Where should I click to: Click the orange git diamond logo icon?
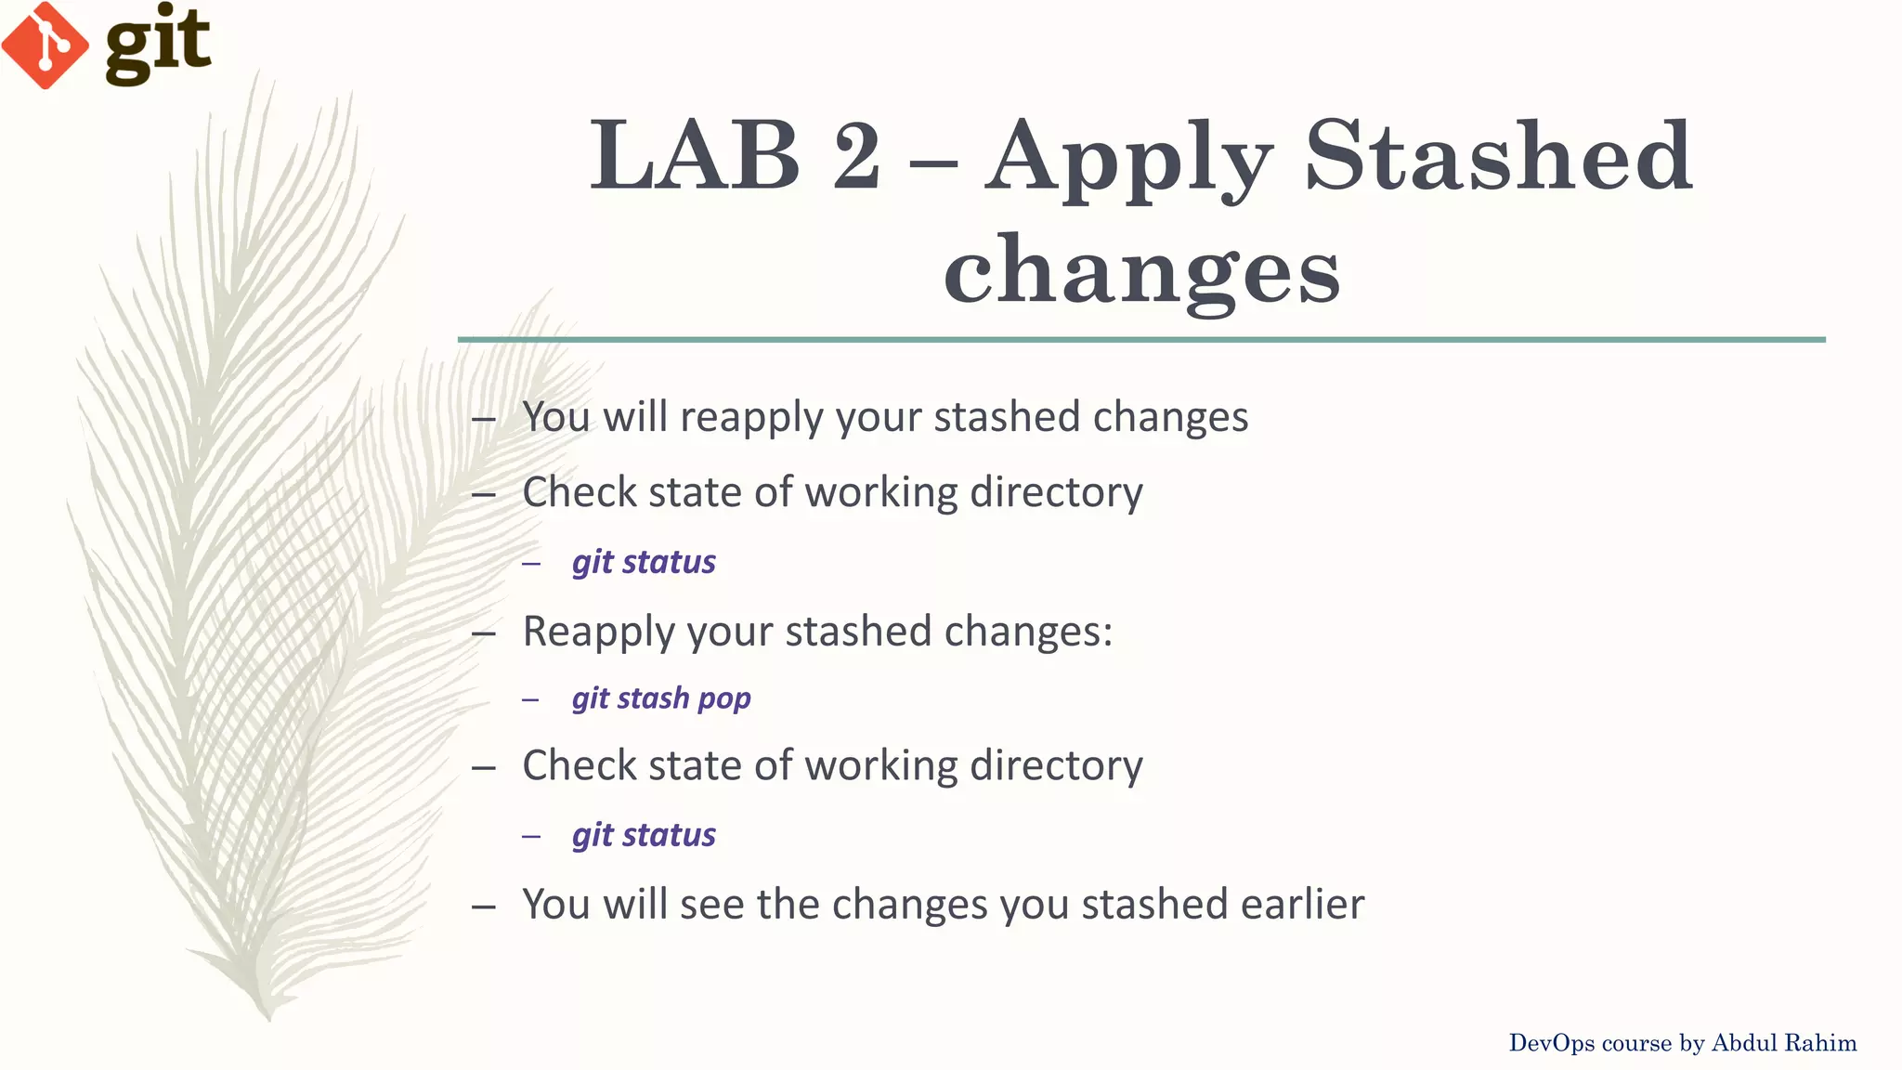45,45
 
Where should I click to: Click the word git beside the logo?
158,43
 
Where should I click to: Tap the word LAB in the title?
695,156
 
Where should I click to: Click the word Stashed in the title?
1498,156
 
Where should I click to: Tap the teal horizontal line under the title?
1141,340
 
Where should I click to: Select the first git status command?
644,562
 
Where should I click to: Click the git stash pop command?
661,698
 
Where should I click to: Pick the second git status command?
644,835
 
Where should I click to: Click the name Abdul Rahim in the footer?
1783,1043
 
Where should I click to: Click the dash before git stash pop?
530,699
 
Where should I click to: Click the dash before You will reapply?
483,420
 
